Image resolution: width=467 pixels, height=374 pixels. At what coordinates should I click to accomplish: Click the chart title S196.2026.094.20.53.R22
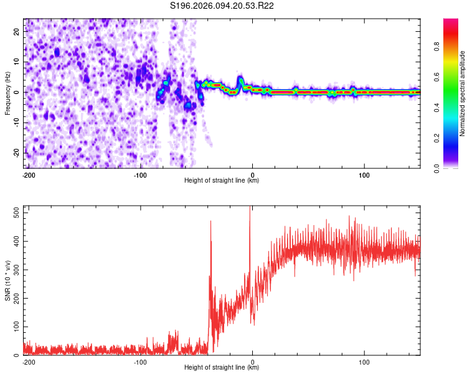222,6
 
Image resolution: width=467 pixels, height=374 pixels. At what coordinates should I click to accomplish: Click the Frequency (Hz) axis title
7,93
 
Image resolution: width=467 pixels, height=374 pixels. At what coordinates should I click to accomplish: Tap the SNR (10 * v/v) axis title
7,280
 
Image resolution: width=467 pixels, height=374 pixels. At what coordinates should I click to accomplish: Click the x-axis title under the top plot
222,180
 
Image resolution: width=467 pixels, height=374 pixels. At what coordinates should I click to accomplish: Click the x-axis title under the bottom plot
222,367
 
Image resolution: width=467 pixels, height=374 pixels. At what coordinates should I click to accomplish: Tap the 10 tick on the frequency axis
17,62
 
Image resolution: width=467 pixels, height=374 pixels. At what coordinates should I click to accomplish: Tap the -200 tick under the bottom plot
28,362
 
